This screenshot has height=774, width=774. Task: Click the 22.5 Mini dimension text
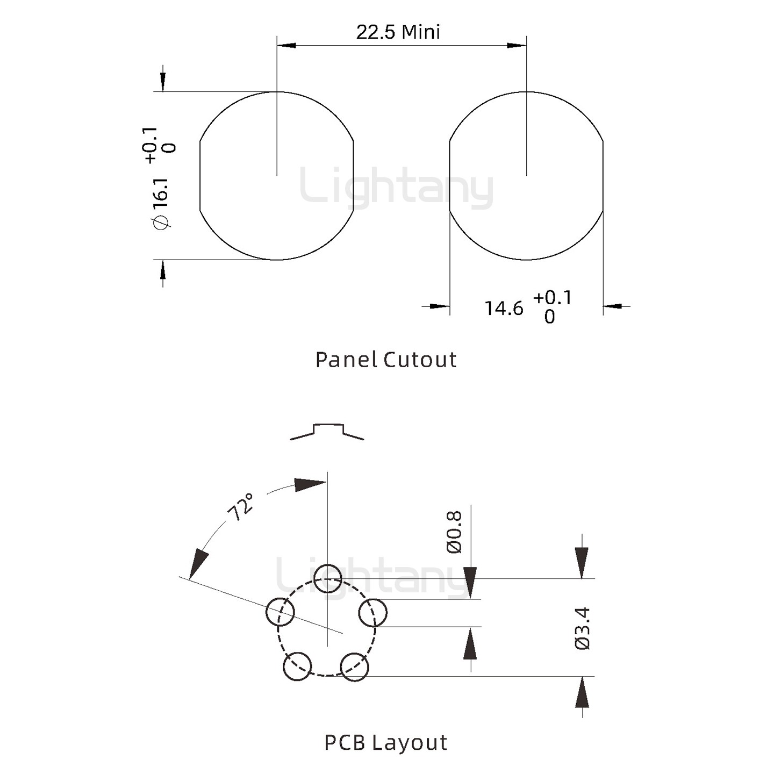click(398, 32)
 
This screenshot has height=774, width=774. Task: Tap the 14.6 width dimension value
click(504, 309)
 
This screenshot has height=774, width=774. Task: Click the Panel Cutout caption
click(385, 360)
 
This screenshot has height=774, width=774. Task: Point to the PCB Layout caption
click(385, 742)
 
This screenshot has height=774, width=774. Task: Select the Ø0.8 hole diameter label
click(454, 532)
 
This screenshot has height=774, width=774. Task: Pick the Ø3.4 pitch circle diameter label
click(583, 628)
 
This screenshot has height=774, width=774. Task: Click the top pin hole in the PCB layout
click(327, 578)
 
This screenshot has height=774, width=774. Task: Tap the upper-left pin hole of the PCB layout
click(280, 612)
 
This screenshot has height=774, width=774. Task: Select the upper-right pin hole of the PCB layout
click(372, 612)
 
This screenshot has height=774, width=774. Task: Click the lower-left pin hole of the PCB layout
click(297, 666)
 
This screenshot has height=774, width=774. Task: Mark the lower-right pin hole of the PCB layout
click(355, 667)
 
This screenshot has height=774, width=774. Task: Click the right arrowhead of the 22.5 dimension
click(517, 46)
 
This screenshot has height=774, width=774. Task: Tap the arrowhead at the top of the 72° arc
click(310, 484)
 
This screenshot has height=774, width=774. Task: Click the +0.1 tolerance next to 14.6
click(553, 298)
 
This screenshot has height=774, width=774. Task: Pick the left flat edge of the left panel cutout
click(200, 176)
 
